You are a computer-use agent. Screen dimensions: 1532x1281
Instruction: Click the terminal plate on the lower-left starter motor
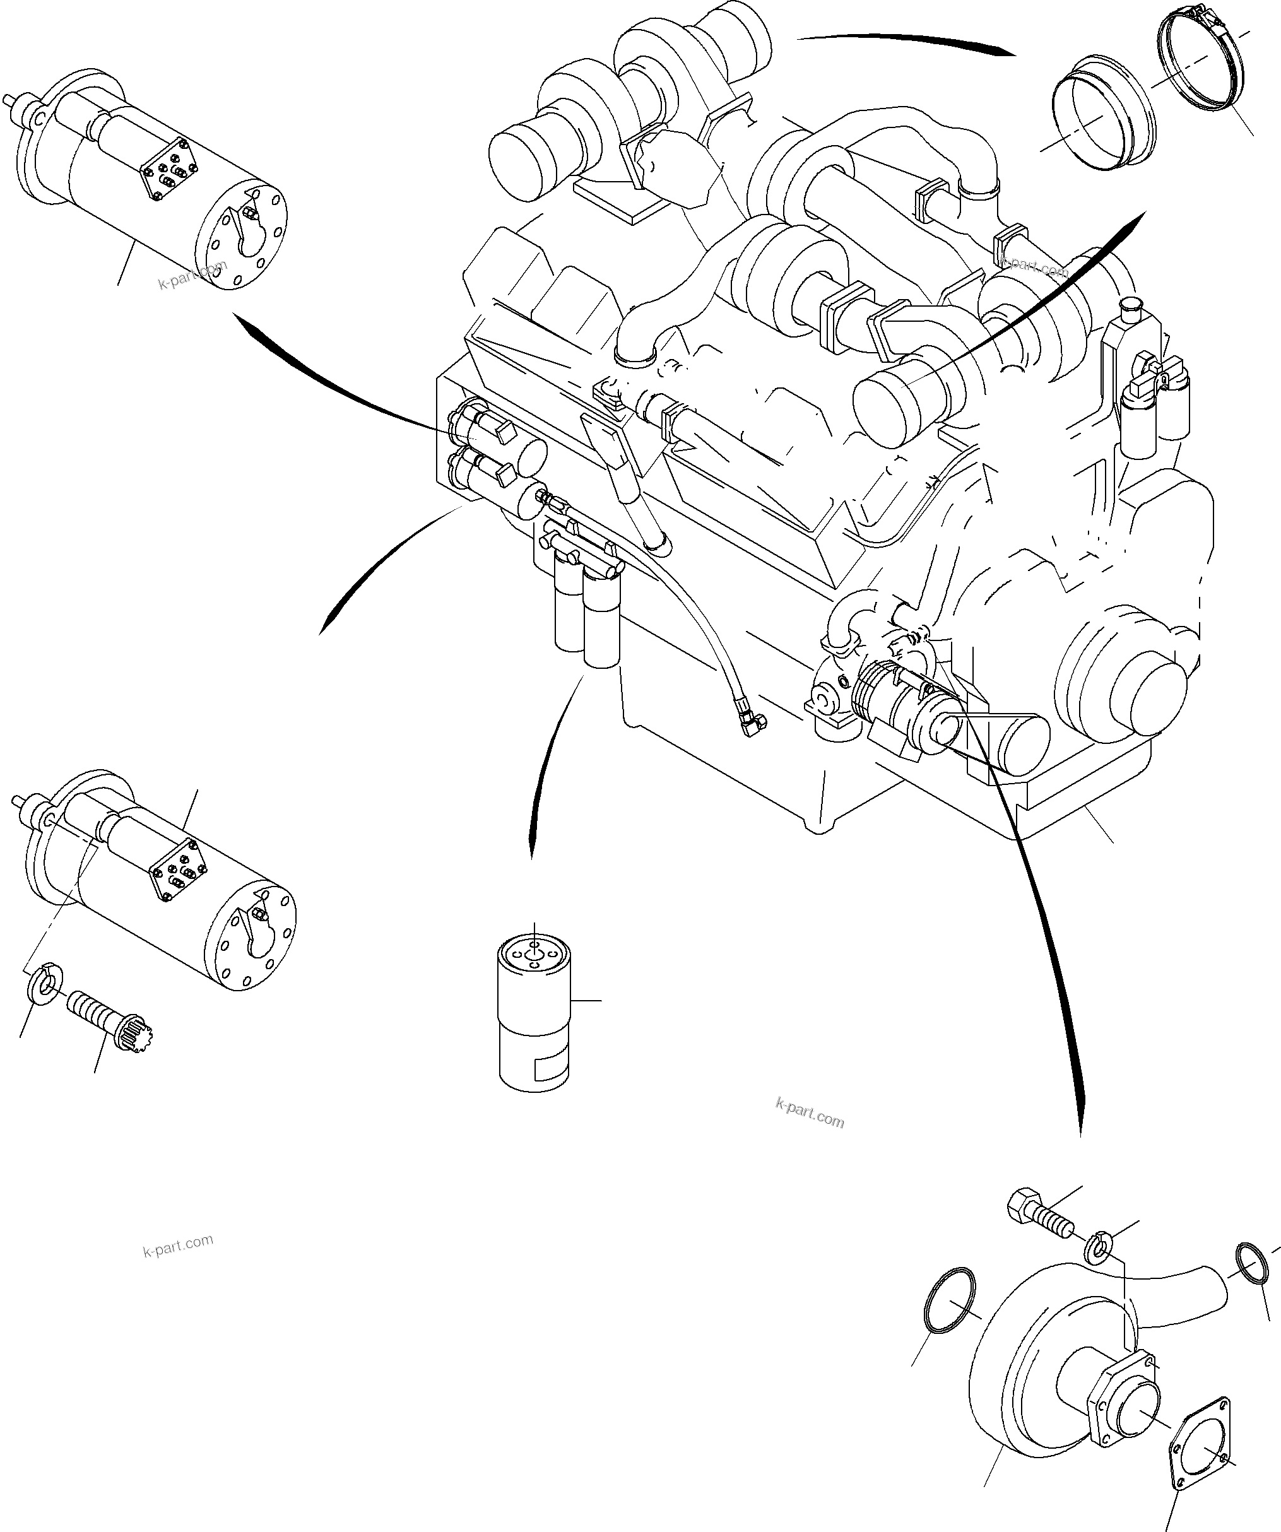pos(179,864)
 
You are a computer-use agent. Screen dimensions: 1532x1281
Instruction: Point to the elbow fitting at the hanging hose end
pos(752,722)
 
